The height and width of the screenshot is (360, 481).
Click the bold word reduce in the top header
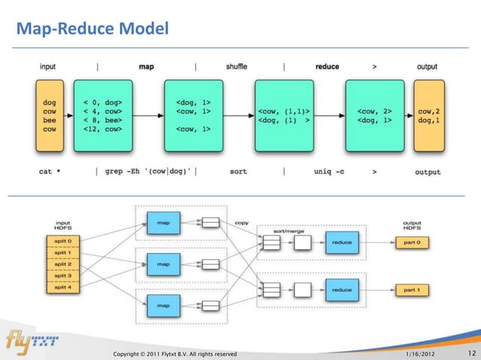click(327, 66)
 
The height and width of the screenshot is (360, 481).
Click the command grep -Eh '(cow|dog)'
click(146, 172)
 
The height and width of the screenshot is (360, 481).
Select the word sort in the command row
click(238, 172)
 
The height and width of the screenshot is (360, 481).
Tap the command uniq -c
click(329, 172)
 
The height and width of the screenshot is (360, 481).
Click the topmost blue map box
click(163, 221)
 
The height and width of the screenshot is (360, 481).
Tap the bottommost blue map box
click(163, 306)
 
